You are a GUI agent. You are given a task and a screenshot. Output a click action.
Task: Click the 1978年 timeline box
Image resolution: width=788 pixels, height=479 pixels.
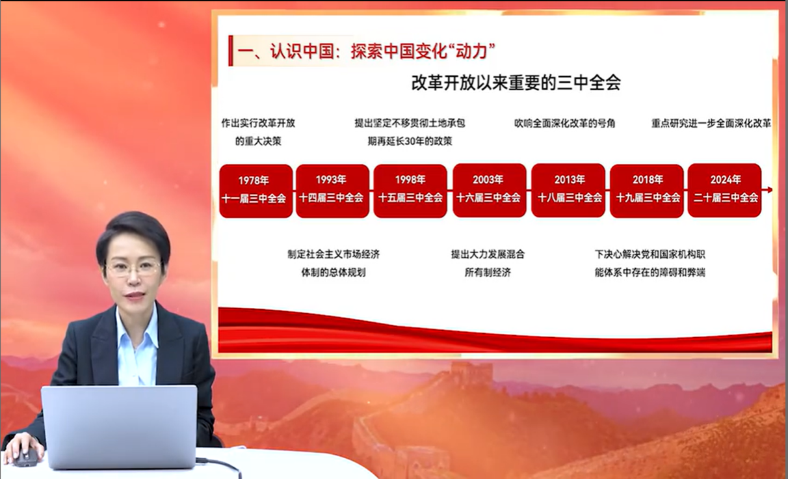point(256,191)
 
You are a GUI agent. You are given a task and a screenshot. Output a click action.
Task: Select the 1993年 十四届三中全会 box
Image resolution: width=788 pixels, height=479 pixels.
point(332,191)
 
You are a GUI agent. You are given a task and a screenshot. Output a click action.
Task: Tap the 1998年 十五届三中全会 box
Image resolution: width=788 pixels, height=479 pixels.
point(410,191)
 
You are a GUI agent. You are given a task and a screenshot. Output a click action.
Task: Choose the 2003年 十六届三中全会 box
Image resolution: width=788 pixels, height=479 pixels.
point(490,190)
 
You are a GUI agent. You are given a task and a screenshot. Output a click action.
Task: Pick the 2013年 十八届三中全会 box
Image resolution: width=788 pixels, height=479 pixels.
point(568,190)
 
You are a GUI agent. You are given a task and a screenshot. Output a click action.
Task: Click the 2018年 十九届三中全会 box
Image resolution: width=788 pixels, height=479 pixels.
point(646,190)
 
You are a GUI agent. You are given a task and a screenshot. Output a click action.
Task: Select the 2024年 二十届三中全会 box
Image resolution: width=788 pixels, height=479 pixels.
point(725,190)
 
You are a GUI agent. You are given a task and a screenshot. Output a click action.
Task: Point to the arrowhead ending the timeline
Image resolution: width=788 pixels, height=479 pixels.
point(770,190)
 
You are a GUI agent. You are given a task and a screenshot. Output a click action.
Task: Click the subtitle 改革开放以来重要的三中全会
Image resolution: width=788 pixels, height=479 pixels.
point(516,83)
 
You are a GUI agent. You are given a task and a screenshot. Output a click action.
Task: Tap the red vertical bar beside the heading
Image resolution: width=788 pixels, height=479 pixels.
point(231,50)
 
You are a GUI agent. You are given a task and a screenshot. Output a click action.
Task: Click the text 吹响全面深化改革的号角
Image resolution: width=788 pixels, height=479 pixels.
point(564,123)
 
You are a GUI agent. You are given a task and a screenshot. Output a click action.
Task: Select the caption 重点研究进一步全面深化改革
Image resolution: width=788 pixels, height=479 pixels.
point(711,123)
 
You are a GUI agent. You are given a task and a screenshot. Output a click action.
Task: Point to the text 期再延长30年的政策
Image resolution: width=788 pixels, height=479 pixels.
point(410,141)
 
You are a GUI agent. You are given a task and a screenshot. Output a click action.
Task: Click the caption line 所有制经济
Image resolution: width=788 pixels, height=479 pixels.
point(488,272)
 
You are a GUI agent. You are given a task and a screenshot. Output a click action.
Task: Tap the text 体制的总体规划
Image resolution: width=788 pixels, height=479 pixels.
point(334,272)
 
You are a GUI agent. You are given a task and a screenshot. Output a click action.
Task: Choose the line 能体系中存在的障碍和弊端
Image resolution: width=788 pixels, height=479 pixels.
point(650,272)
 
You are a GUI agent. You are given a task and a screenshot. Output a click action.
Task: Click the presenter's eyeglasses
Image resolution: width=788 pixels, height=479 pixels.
point(133,268)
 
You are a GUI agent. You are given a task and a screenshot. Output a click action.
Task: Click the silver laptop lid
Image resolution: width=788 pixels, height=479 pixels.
point(119,426)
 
